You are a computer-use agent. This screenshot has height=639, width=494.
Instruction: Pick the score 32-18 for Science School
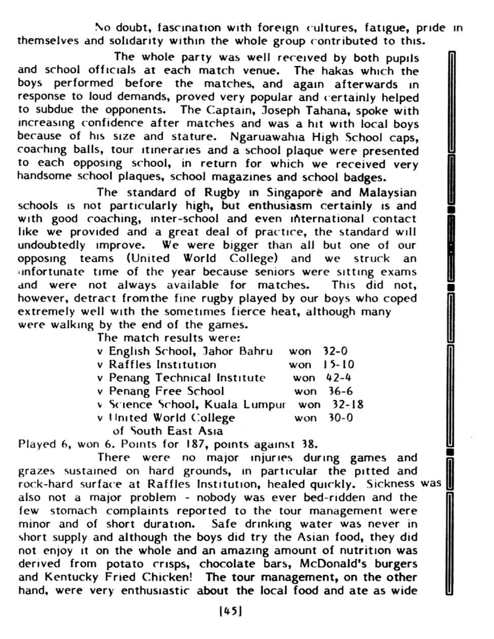click(348, 404)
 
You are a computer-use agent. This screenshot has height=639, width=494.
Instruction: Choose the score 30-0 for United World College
click(341, 418)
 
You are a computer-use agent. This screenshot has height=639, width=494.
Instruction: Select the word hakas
click(337, 71)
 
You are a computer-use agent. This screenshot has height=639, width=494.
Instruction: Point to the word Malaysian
click(388, 193)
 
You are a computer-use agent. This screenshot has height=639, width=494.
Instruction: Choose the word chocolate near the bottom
click(227, 564)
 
